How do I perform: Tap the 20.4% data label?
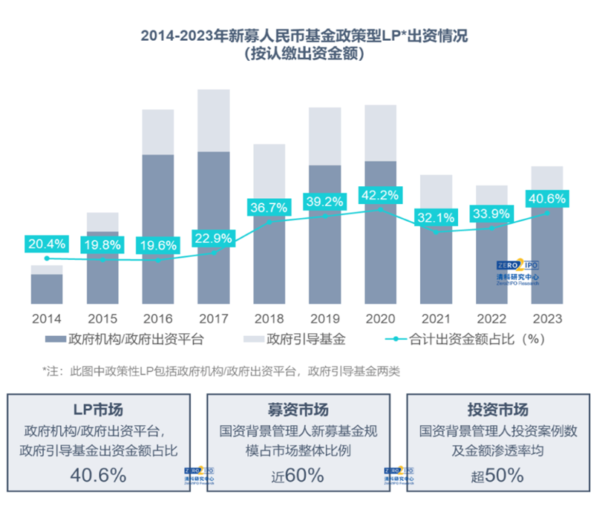click(x=46, y=243)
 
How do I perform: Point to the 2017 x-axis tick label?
click(x=213, y=318)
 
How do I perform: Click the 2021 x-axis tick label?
click(x=436, y=318)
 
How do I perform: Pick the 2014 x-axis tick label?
click(x=46, y=318)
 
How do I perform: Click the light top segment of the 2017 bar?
click(x=213, y=120)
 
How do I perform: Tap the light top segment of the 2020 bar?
click(x=380, y=133)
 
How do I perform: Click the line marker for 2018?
click(x=269, y=222)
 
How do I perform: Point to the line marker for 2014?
click(x=46, y=258)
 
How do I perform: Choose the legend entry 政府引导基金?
click(x=297, y=341)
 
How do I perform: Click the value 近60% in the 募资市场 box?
click(x=296, y=476)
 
